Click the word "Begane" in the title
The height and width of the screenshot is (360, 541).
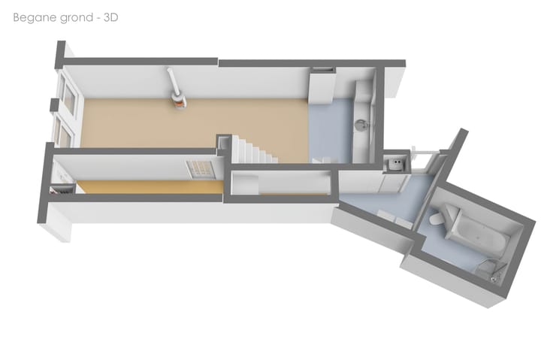click(34, 17)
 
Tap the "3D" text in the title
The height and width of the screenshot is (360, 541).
click(110, 17)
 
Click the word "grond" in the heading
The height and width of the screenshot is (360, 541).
click(76, 18)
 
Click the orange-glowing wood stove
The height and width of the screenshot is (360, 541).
click(179, 101)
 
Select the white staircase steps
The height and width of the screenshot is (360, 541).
click(254, 150)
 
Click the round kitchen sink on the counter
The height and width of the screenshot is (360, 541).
click(361, 125)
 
